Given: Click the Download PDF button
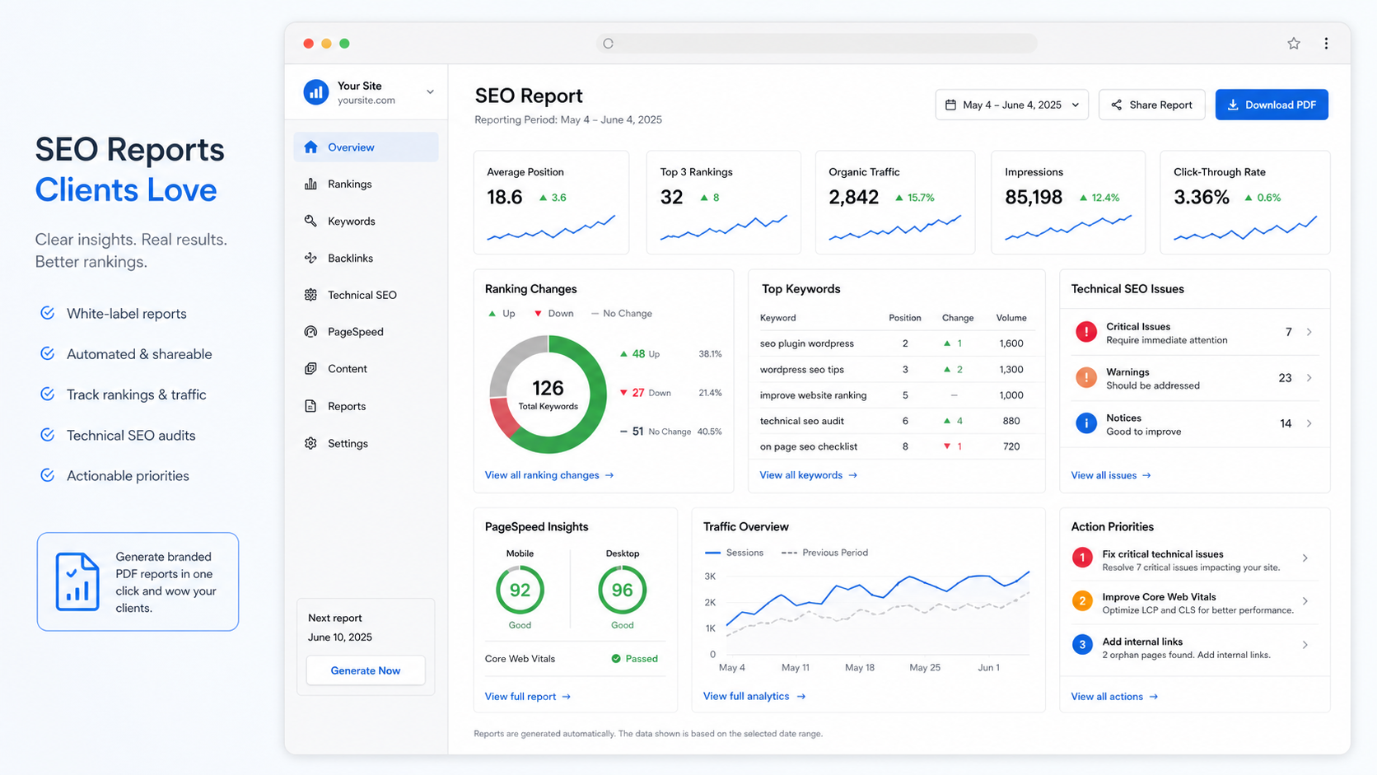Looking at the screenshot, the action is (1272, 105).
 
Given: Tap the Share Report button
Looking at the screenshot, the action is (1151, 105).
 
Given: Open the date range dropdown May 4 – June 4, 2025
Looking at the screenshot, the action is (1012, 105).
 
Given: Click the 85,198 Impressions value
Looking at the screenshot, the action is (1034, 198).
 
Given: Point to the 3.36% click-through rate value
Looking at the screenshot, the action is (1202, 198).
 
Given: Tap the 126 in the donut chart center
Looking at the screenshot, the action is (548, 388).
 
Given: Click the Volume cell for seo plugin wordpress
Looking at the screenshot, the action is (1011, 343).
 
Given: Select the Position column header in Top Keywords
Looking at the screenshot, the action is (905, 318).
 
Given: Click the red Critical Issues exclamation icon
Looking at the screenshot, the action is (1086, 332).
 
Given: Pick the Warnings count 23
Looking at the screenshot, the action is (1285, 378).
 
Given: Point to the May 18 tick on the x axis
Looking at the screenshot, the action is (860, 667).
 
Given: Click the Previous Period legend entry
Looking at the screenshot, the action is (824, 553).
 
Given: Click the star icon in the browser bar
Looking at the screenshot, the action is (1294, 43).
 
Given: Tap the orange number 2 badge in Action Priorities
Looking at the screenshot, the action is (1082, 600).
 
